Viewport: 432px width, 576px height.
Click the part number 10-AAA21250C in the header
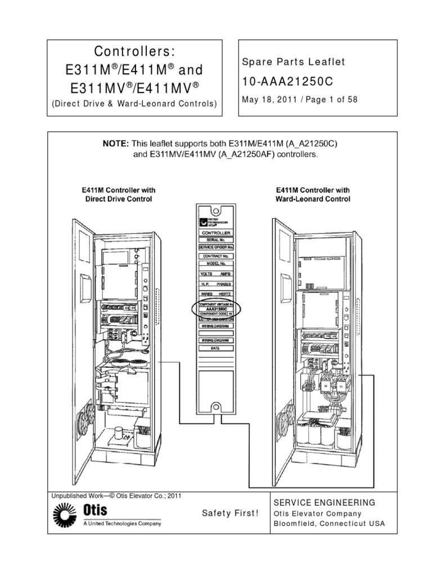pos(287,82)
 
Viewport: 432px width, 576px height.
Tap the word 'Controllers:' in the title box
pos(134,51)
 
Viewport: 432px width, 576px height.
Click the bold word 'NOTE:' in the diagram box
pos(116,144)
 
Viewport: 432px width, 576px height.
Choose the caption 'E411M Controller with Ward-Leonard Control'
pos(312,195)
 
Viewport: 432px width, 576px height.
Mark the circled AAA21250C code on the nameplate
pos(216,309)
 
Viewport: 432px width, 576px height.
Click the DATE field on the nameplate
pos(215,349)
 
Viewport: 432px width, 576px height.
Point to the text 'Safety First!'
pos(231,513)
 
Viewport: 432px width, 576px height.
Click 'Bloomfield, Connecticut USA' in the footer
pos(329,524)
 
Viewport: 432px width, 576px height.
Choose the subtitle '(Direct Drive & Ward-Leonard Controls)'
pos(134,103)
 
